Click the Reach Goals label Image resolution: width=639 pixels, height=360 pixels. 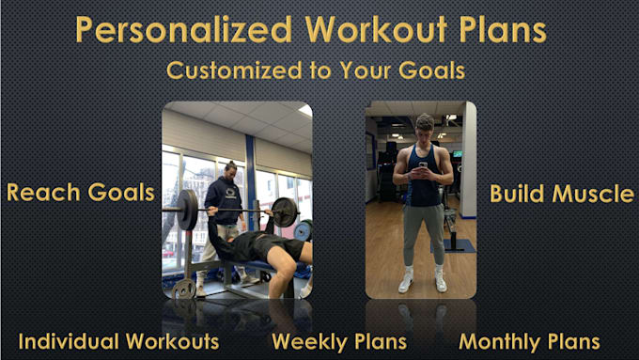pyautogui.click(x=80, y=193)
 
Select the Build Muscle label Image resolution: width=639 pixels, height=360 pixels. pyautogui.click(x=562, y=194)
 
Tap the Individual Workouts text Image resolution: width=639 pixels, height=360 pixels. pyautogui.click(x=118, y=341)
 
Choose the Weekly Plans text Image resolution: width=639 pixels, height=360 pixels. pyautogui.click(x=339, y=341)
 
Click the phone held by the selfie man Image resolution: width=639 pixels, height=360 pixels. pyautogui.click(x=422, y=166)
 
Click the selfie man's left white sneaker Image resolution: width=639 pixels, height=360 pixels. pyautogui.click(x=405, y=282)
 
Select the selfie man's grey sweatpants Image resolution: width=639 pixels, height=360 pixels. pyautogui.click(x=422, y=235)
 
